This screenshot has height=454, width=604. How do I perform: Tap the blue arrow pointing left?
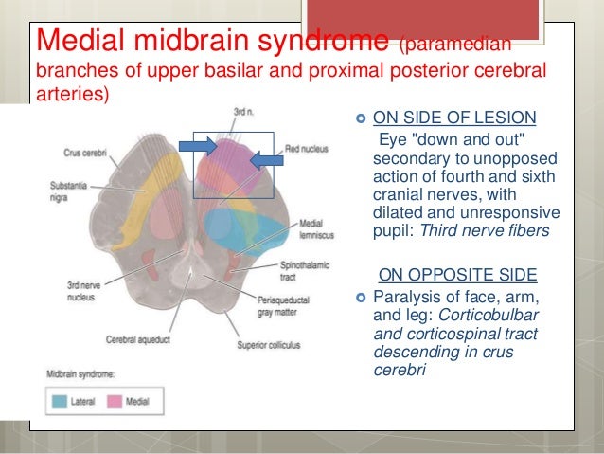[266, 161]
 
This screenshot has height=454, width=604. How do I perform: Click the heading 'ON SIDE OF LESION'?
[454, 118]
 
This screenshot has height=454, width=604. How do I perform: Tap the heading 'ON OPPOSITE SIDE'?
[457, 276]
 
